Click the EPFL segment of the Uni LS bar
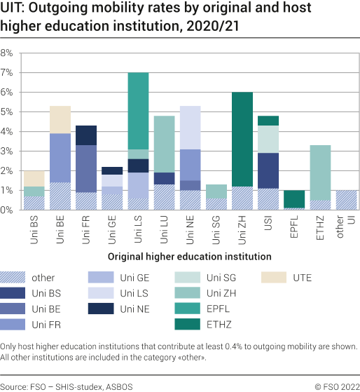pos(138,111)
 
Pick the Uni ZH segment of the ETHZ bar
pos(321,173)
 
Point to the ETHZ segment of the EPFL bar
pos(294,199)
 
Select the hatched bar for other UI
pos(347,200)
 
